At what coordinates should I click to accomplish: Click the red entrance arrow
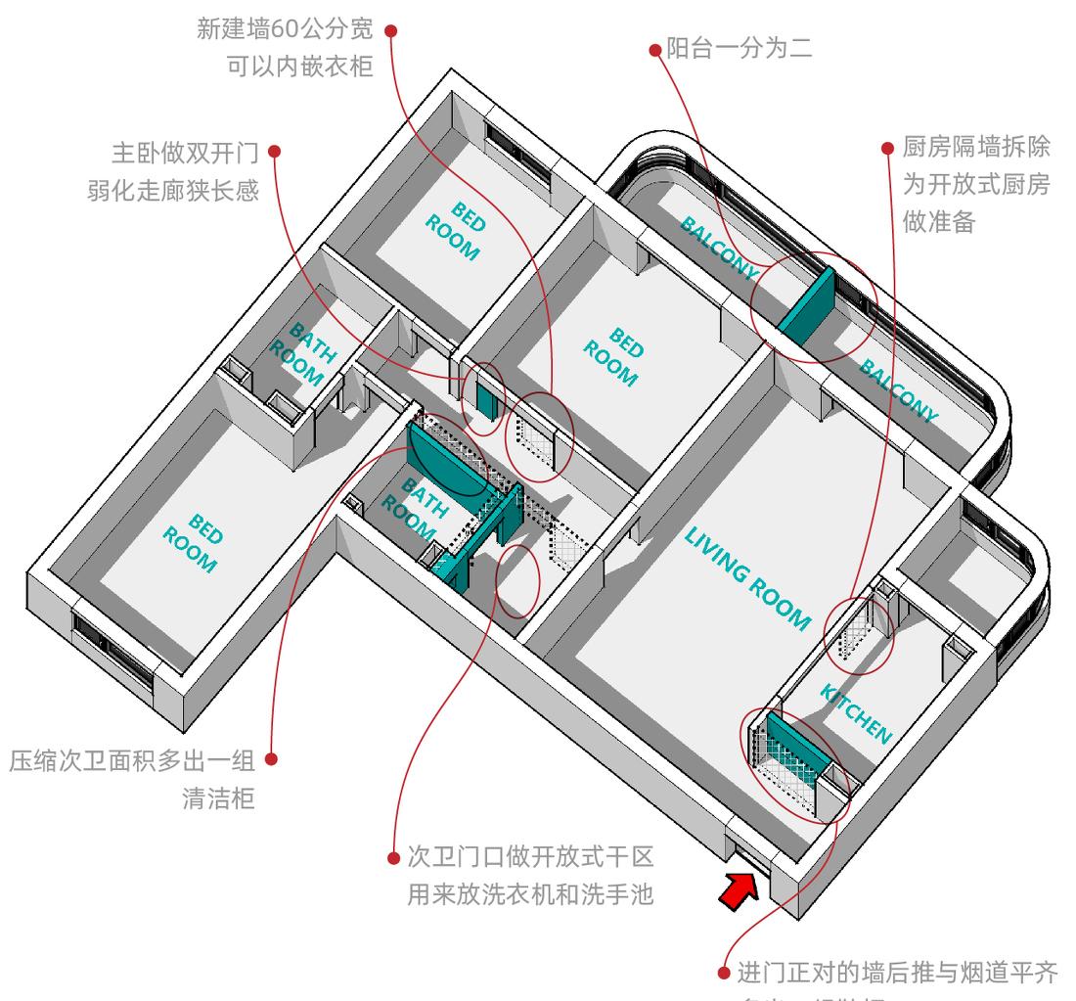pyautogui.click(x=739, y=889)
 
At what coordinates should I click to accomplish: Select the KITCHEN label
pyautogui.click(x=856, y=713)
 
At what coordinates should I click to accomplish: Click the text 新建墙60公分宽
pyautogui.click(x=286, y=30)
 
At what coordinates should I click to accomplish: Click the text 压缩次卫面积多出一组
pyautogui.click(x=131, y=760)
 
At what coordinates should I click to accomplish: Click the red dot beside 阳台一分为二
pyautogui.click(x=655, y=49)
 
